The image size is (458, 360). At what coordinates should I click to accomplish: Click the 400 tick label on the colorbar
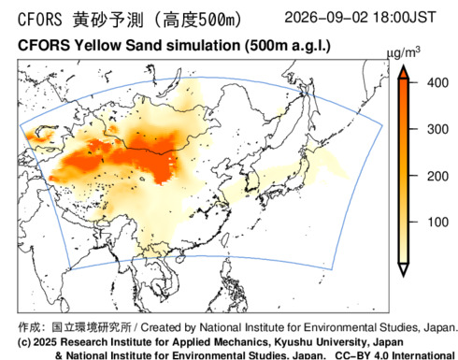(437, 83)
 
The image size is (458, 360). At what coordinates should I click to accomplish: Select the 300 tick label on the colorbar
(437, 129)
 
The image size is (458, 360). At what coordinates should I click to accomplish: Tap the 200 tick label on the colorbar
(437, 176)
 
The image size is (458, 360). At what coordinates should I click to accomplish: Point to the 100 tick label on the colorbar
(437, 223)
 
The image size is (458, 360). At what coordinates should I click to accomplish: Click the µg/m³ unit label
(404, 53)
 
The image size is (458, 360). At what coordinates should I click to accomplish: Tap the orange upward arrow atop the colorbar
(404, 72)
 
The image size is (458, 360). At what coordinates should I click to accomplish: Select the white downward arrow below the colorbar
(404, 269)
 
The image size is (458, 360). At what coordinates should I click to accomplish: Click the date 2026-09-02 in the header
(326, 17)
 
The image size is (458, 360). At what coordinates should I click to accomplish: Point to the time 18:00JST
(404, 17)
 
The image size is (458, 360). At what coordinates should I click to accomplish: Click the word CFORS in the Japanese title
(40, 20)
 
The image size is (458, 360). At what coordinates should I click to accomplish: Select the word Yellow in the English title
(97, 46)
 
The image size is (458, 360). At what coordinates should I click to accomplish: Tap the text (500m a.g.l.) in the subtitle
(288, 46)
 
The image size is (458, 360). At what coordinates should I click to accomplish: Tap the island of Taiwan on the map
(223, 238)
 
